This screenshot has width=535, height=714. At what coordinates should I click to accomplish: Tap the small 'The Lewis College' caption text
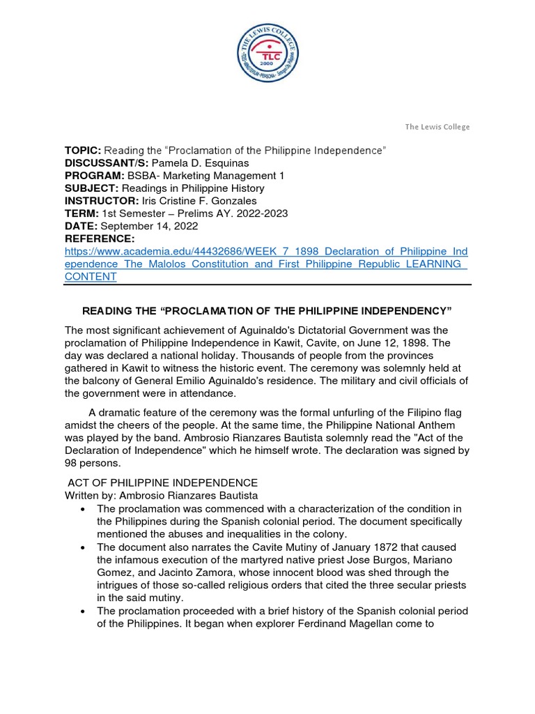[x=437, y=127]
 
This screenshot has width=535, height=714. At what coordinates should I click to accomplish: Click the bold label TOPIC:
[x=83, y=151]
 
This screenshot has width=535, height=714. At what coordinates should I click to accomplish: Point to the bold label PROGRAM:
[x=93, y=176]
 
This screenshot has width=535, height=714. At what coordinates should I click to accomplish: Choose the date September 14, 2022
[x=150, y=226]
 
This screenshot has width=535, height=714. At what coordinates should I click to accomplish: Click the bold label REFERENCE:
[x=99, y=238]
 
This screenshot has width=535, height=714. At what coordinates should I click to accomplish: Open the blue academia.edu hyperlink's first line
[x=266, y=251]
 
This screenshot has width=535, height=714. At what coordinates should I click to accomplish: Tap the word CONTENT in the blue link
[x=91, y=276]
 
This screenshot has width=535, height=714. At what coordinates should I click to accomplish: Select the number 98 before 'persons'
[x=71, y=462]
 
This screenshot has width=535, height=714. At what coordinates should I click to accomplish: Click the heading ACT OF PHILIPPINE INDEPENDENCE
[x=162, y=483]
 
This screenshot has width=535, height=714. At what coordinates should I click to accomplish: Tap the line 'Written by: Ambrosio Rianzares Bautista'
[x=161, y=495]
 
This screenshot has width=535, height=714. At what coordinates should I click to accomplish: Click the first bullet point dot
[x=83, y=508]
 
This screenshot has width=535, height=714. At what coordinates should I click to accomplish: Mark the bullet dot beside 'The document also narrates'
[x=83, y=546]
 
